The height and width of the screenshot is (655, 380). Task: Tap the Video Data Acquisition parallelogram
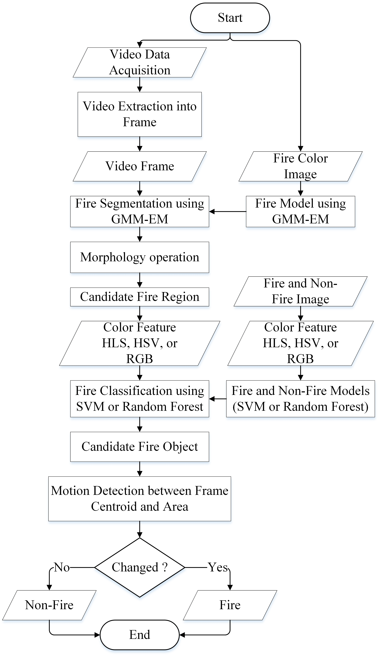pyautogui.click(x=140, y=62)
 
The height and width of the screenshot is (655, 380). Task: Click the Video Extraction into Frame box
pyautogui.click(x=140, y=114)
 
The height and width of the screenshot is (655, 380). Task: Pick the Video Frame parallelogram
pyautogui.click(x=140, y=166)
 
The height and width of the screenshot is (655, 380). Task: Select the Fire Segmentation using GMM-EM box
pyautogui.click(x=140, y=211)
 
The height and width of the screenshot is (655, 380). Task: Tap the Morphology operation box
pyautogui.click(x=140, y=257)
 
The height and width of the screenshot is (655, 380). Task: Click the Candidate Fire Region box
pyautogui.click(x=140, y=297)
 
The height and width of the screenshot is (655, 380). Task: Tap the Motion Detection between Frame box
pyautogui.click(x=140, y=499)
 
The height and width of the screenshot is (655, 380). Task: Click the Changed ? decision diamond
pyautogui.click(x=140, y=567)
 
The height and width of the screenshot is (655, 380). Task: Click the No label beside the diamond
pyautogui.click(x=62, y=567)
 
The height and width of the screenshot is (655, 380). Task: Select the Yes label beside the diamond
pyautogui.click(x=218, y=567)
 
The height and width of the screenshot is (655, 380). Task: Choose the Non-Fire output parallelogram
pyautogui.click(x=49, y=605)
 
